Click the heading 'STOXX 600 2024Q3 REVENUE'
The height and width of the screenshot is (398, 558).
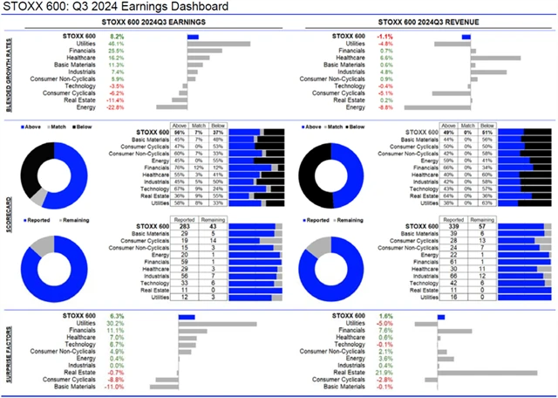(x=425, y=23)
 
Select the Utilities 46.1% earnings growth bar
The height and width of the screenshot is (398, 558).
(x=219, y=44)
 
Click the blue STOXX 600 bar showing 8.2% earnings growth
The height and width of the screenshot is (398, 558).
(x=193, y=37)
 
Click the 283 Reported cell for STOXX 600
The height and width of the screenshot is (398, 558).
(x=185, y=227)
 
